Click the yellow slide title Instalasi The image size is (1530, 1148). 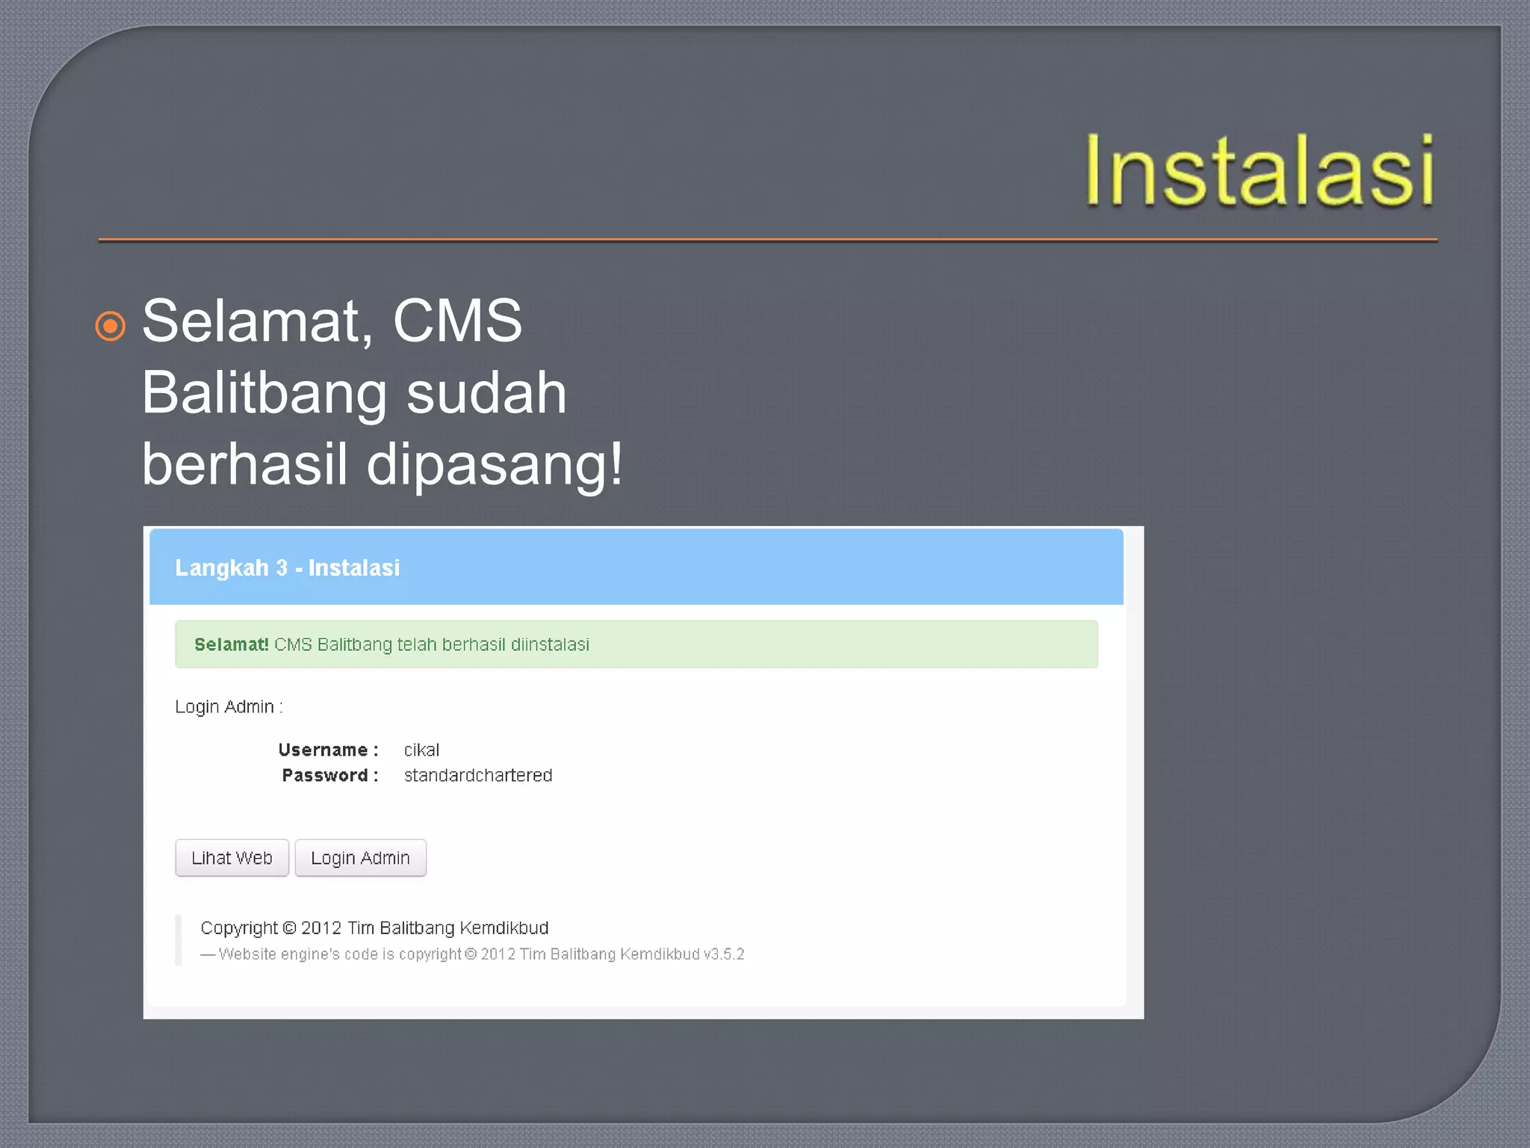pyautogui.click(x=1260, y=171)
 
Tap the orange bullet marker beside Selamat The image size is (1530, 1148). pyautogui.click(x=111, y=326)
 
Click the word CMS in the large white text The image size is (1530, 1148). pyautogui.click(x=456, y=321)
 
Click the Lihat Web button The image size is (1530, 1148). pyautogui.click(x=232, y=858)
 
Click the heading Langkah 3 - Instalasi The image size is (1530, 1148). pyautogui.click(x=287, y=568)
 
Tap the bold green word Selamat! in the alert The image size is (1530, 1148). pyautogui.click(x=231, y=644)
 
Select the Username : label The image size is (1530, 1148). pyautogui.click(x=328, y=750)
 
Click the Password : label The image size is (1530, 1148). pyautogui.click(x=329, y=775)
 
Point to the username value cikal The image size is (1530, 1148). pyautogui.click(x=421, y=750)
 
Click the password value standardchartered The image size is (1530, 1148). pyautogui.click(x=478, y=775)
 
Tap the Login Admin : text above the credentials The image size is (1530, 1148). pyautogui.click(x=229, y=707)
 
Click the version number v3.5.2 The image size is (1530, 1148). pyautogui.click(x=724, y=954)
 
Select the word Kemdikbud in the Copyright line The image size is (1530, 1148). pyautogui.click(x=504, y=928)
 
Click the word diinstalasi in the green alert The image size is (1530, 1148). pyautogui.click(x=550, y=644)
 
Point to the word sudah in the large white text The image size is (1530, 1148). pyautogui.click(x=486, y=393)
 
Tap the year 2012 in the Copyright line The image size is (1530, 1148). pyautogui.click(x=321, y=928)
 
